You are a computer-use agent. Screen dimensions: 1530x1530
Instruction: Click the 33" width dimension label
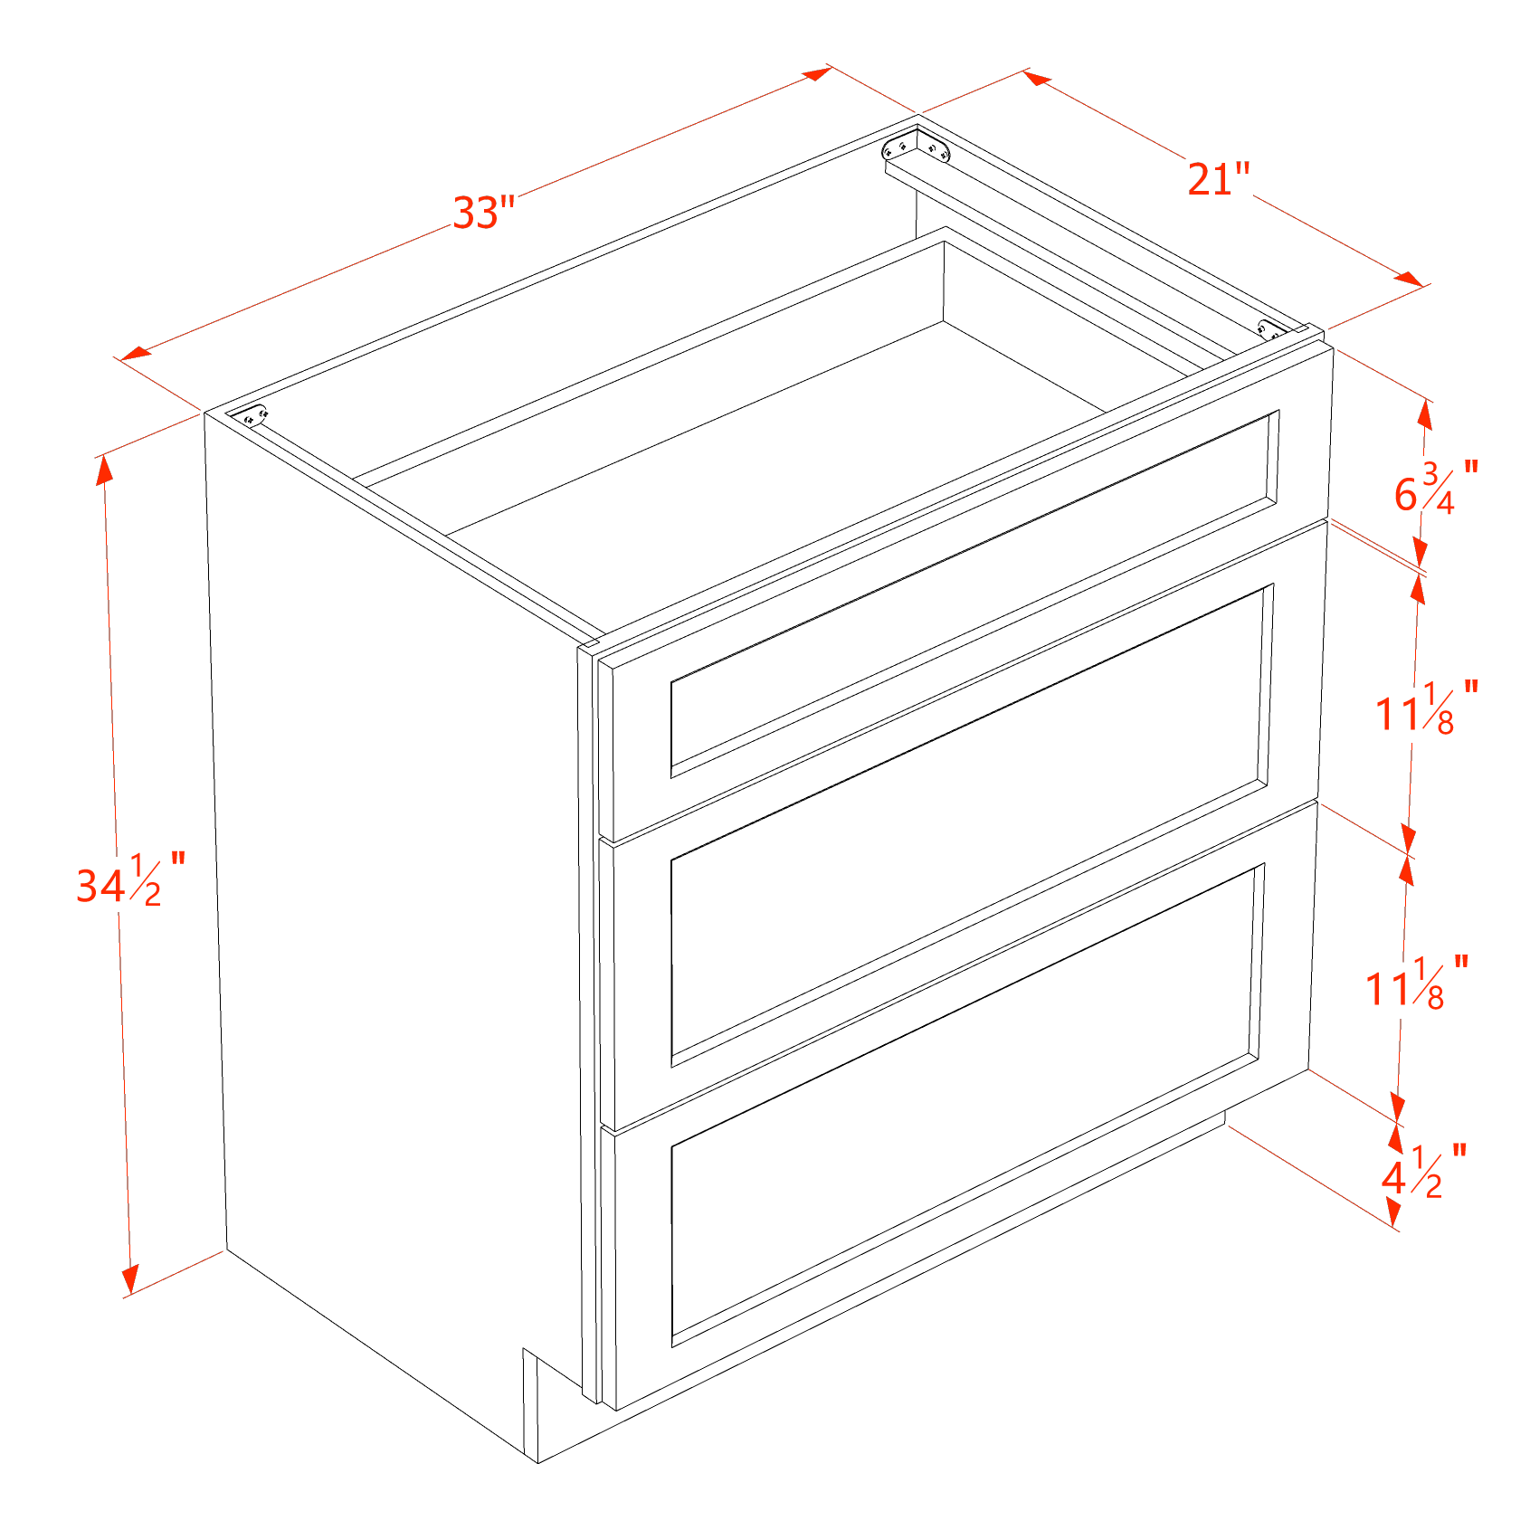tap(483, 213)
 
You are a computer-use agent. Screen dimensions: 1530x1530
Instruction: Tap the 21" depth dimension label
tap(1219, 178)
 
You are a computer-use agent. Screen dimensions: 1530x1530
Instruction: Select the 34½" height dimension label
tap(130, 879)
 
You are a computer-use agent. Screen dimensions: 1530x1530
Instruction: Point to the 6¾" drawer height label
tap(1436, 489)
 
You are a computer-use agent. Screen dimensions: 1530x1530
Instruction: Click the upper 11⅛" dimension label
tap(1427, 707)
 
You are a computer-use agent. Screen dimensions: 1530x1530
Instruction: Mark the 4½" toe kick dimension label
tap(1423, 1172)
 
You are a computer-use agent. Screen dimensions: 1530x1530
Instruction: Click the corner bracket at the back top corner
tap(917, 147)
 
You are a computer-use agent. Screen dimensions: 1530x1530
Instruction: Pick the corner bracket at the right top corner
tap(1271, 329)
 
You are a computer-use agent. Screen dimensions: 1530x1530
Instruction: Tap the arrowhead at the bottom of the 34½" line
tap(129, 1278)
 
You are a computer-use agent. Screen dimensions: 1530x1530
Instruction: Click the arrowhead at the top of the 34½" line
tap(105, 471)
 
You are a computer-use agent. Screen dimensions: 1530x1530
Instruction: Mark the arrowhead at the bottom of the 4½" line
tap(1393, 1212)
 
